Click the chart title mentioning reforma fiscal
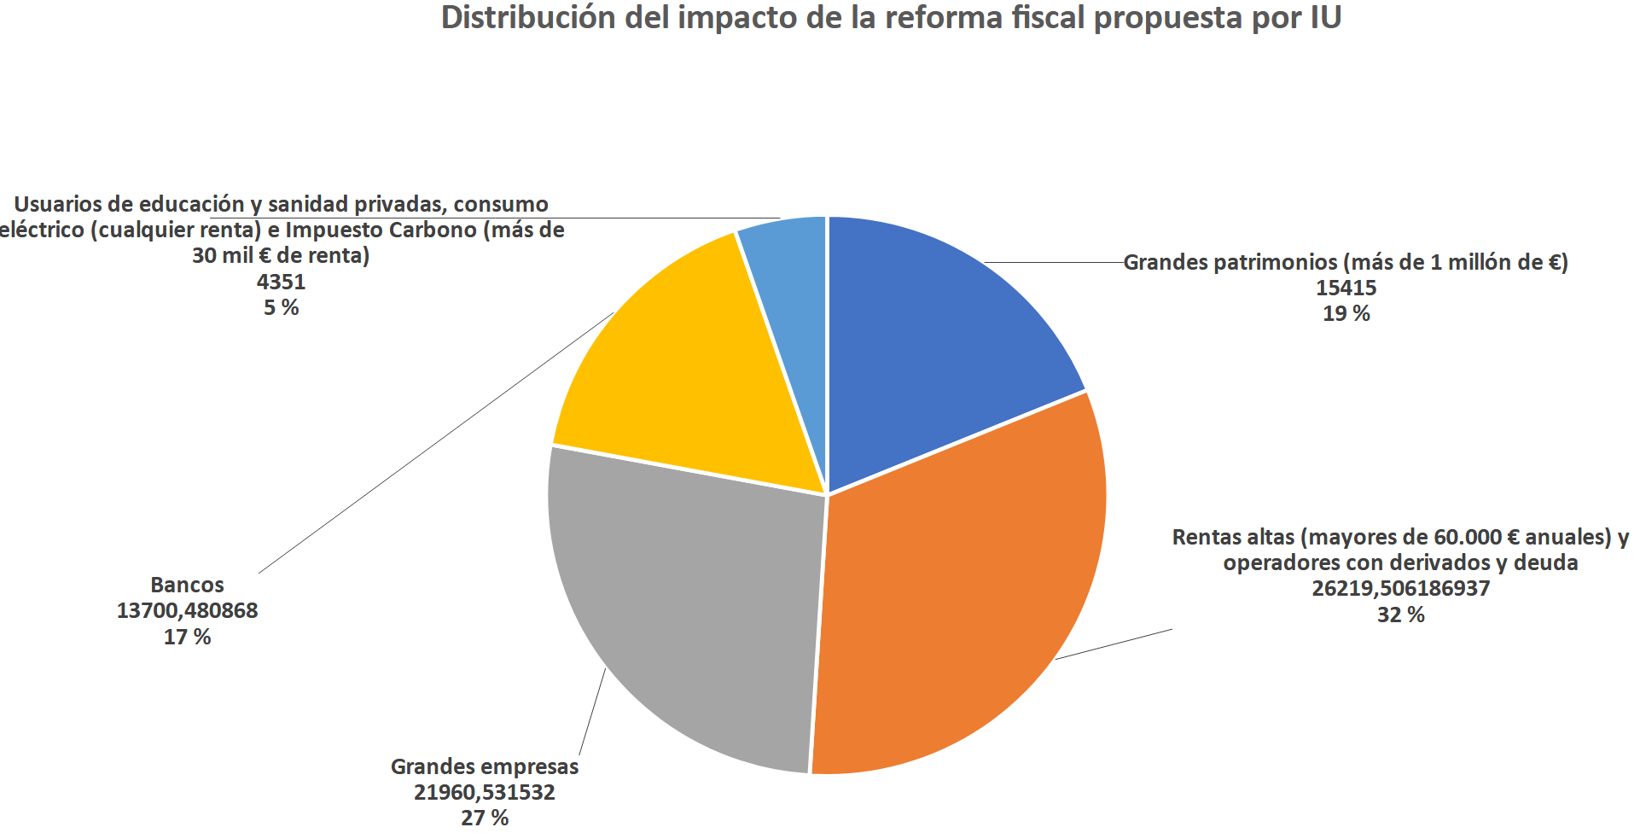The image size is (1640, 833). click(x=891, y=19)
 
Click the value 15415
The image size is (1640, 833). click(x=1346, y=288)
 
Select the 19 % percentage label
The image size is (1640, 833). click(x=1346, y=314)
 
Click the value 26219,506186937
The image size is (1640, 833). click(x=1400, y=589)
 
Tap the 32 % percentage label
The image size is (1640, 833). click(x=1400, y=615)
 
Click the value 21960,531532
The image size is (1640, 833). click(x=484, y=793)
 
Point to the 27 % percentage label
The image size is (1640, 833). click(x=484, y=818)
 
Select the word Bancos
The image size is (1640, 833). click(x=187, y=585)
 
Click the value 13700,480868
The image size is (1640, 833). click(x=187, y=611)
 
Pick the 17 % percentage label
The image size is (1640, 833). click(x=187, y=638)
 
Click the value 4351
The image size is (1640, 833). click(x=281, y=283)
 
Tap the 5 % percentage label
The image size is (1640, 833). click(x=281, y=308)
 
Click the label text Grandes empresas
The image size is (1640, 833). click(x=484, y=767)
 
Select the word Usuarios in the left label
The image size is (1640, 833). click(x=54, y=205)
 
